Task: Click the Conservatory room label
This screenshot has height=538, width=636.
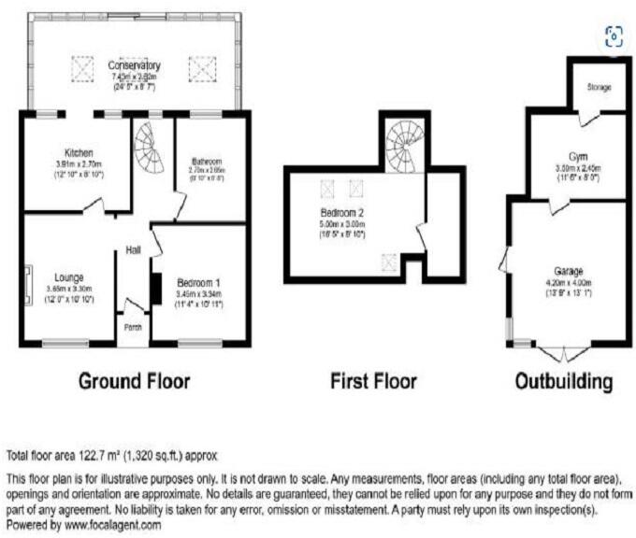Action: coord(134,65)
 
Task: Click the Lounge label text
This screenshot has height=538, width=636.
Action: coord(69,277)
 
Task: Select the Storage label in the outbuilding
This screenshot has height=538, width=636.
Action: coord(600,87)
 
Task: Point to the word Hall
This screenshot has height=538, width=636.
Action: coord(134,249)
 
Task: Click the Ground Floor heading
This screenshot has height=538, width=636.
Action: coord(134,381)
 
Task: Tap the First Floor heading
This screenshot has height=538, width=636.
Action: coord(373,381)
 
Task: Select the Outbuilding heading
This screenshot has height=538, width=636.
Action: coord(565,381)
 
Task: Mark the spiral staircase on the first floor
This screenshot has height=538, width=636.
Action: coord(403,147)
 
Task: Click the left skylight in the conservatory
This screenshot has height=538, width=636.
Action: coord(82,67)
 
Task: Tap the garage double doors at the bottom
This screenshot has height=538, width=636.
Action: coord(564,351)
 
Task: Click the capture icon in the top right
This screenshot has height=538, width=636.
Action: coord(614,36)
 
